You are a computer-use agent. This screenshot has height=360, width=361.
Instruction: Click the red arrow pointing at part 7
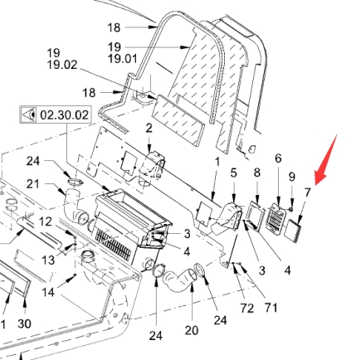click(x=326, y=160)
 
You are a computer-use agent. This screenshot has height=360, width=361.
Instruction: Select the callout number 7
click(x=308, y=192)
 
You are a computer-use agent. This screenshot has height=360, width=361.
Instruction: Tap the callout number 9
click(x=292, y=177)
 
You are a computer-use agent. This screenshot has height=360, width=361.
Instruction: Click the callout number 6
click(x=278, y=158)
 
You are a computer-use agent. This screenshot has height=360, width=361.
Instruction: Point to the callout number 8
click(x=257, y=173)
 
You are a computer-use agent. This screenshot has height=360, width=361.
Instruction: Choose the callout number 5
click(x=234, y=173)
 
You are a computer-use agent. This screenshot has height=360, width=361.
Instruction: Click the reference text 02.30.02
click(x=65, y=114)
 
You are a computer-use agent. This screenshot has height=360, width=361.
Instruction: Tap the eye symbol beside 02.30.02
click(x=29, y=114)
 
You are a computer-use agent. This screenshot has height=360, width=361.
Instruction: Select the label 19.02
click(x=62, y=65)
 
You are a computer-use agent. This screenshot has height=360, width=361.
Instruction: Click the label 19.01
click(x=122, y=59)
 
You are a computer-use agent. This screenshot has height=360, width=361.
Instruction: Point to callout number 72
click(x=246, y=308)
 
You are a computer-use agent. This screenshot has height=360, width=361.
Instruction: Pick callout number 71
click(x=271, y=308)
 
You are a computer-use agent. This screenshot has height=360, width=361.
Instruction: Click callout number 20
click(x=192, y=330)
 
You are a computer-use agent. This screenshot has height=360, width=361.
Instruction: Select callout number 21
click(x=33, y=184)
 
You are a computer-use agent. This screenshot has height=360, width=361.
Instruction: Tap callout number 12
click(x=45, y=221)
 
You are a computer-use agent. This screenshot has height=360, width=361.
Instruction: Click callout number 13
click(x=48, y=260)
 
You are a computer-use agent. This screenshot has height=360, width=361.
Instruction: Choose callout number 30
click(x=24, y=324)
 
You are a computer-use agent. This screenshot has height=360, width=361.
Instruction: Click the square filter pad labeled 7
click(x=293, y=231)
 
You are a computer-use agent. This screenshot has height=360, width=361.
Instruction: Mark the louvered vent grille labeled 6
click(x=276, y=217)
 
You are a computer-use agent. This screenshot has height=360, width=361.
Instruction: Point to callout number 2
click(x=149, y=129)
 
